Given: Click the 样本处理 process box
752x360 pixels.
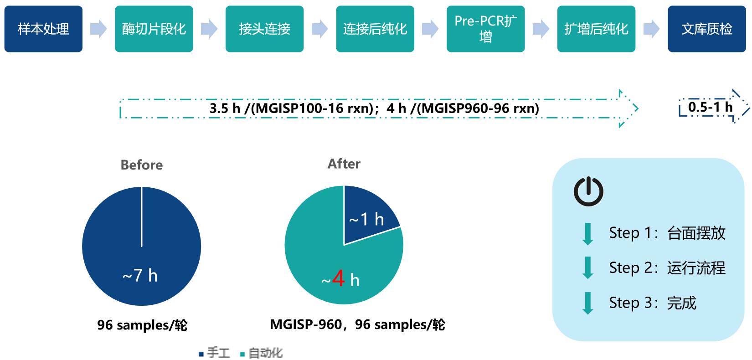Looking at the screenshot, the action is [x=43, y=29].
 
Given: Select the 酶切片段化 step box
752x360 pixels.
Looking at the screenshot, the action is [x=154, y=29].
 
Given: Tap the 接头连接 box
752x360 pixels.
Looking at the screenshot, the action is [x=264, y=29].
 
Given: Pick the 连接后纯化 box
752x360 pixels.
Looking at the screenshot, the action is [x=375, y=29].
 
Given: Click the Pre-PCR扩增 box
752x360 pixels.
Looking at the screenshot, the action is [x=485, y=29].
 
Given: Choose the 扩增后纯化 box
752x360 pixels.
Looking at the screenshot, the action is [x=596, y=29].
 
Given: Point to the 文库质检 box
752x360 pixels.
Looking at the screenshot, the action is [x=707, y=29].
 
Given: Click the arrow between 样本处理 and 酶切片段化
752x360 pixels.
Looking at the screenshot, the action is [x=99, y=29].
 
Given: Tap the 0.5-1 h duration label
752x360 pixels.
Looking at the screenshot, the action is [x=710, y=107].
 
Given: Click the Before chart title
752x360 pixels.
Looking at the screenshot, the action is [x=142, y=165].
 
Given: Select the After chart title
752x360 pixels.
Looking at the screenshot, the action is [x=344, y=164].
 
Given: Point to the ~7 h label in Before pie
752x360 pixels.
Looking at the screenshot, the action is [x=140, y=275].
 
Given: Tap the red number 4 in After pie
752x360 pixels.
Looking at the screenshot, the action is [x=338, y=278].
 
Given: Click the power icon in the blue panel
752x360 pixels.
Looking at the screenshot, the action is [x=588, y=191].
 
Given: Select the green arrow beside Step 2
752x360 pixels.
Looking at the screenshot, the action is [x=587, y=267].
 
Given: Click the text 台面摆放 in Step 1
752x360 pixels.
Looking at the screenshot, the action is [x=696, y=233].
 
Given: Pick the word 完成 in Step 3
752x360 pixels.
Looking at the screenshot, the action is [x=681, y=303].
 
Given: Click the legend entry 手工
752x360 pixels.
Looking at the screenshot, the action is [x=215, y=353].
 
